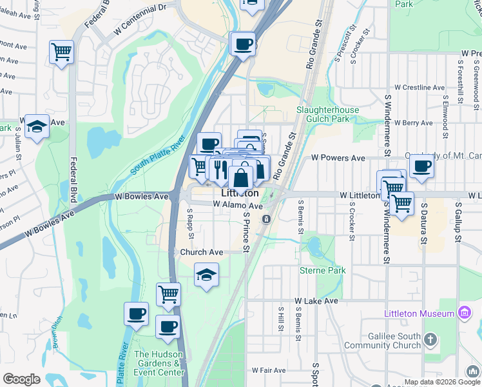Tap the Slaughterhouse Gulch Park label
tap(327, 115)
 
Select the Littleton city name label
tap(240, 193)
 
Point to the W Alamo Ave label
tap(238, 205)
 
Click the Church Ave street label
tap(202, 252)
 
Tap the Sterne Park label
tap(322, 270)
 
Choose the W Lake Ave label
tap(316, 301)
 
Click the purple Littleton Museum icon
tap(463, 313)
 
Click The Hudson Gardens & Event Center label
tap(159, 363)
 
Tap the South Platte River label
tap(158, 155)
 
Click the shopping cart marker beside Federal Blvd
tap(61, 51)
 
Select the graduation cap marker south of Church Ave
tap(206, 275)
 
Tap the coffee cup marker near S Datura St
tap(421, 166)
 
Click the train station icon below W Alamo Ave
tap(265, 220)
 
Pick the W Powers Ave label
tap(338, 157)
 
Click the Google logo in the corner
tap(21, 379)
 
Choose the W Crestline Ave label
tap(419, 87)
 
